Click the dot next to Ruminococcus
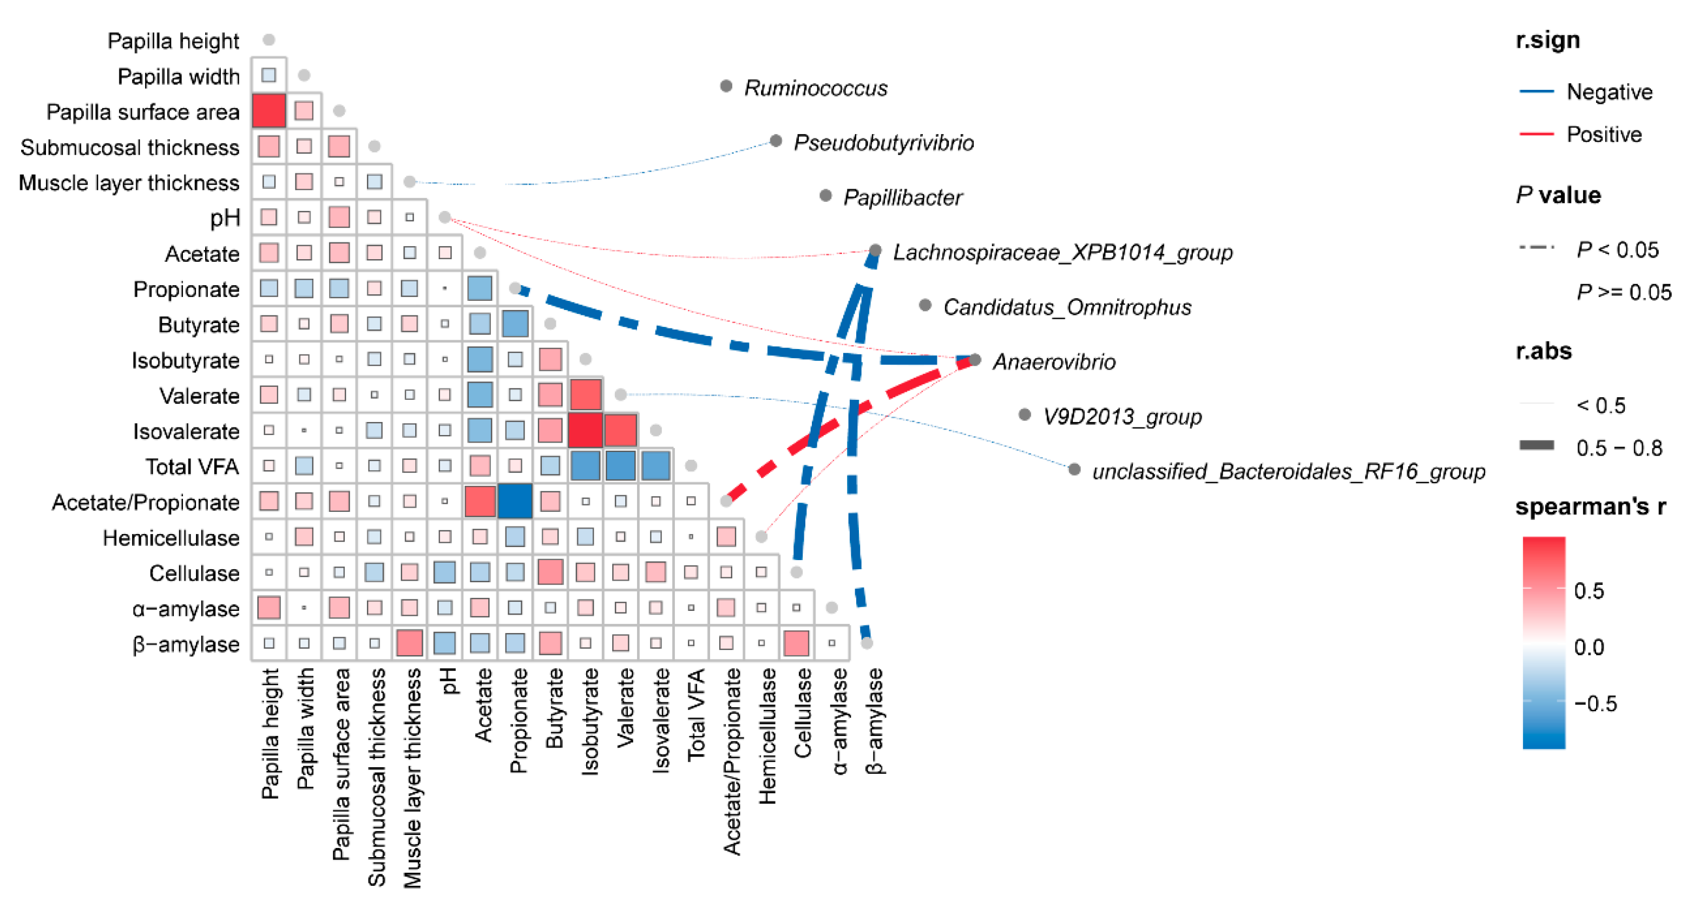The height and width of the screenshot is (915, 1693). [x=726, y=86]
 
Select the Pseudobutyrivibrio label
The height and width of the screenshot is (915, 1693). [x=883, y=142]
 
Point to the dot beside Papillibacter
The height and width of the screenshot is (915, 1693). [x=825, y=196]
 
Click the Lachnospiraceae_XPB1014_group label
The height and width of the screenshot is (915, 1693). [x=1062, y=252]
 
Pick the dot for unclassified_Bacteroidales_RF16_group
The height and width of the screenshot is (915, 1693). [x=1074, y=469]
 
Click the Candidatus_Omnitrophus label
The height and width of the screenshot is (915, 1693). [x=1067, y=307]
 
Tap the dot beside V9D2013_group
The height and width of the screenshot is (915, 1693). [x=1024, y=414]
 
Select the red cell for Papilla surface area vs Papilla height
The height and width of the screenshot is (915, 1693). [x=269, y=110]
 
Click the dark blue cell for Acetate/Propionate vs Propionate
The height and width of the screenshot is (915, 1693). [x=515, y=501]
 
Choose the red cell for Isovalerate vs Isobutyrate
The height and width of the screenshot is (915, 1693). [x=585, y=430]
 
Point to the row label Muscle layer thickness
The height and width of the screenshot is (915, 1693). [x=129, y=182]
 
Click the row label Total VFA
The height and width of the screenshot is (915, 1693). [x=192, y=466]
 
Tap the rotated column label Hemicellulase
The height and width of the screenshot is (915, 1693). [x=767, y=736]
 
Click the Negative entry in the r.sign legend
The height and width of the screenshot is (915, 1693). [x=1609, y=92]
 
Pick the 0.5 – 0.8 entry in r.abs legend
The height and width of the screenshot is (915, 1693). [x=1619, y=448]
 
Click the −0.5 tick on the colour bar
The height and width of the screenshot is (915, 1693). [x=1596, y=703]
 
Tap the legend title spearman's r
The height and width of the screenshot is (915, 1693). [x=1590, y=506]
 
